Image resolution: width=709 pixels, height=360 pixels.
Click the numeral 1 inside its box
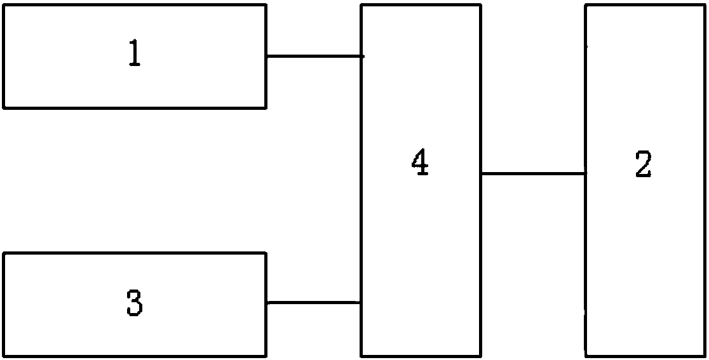click(x=134, y=55)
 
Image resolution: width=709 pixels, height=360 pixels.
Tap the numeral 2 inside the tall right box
click(x=643, y=165)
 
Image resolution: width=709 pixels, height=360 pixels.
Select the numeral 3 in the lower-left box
click(x=134, y=303)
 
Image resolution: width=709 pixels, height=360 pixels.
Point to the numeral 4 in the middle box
click(x=420, y=164)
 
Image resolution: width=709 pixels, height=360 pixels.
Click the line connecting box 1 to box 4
click(x=314, y=56)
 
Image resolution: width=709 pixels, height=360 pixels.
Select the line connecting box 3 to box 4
click(x=314, y=302)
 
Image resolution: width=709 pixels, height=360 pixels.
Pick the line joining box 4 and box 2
click(x=532, y=173)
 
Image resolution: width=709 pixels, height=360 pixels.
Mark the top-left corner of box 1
click(x=4, y=5)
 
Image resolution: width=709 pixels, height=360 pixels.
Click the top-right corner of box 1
click(x=266, y=5)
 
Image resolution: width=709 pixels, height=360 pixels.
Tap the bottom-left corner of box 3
click(x=4, y=356)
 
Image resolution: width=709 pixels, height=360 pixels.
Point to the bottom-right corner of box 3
click(x=266, y=356)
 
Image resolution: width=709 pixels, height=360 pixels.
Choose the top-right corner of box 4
click(x=480, y=6)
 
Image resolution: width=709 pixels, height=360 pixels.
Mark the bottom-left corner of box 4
click(x=361, y=356)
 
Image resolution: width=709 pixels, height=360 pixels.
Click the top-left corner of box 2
click(x=586, y=6)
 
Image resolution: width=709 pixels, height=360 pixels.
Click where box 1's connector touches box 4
click(x=361, y=56)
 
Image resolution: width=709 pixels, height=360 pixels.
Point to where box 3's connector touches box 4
click(x=361, y=302)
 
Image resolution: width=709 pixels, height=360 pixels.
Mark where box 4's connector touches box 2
click(x=586, y=173)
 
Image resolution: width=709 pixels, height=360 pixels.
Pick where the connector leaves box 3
click(x=266, y=302)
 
